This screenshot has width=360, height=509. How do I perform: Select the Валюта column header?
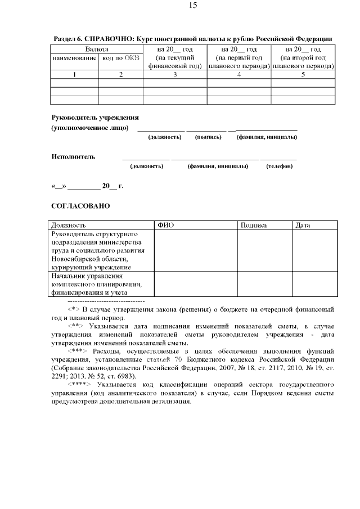(97, 49)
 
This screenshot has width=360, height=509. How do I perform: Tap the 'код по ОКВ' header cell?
(120, 57)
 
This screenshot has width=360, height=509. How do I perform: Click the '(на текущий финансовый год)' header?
(175, 61)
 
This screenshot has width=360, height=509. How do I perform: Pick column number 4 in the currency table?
(238, 74)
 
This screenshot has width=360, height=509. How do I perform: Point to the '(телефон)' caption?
(279, 166)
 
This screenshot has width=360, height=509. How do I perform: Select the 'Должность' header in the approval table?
(68, 226)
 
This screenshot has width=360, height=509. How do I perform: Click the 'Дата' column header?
(303, 226)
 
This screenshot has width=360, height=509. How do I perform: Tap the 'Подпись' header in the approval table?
(254, 226)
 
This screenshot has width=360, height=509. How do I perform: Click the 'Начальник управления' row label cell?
(95, 284)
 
